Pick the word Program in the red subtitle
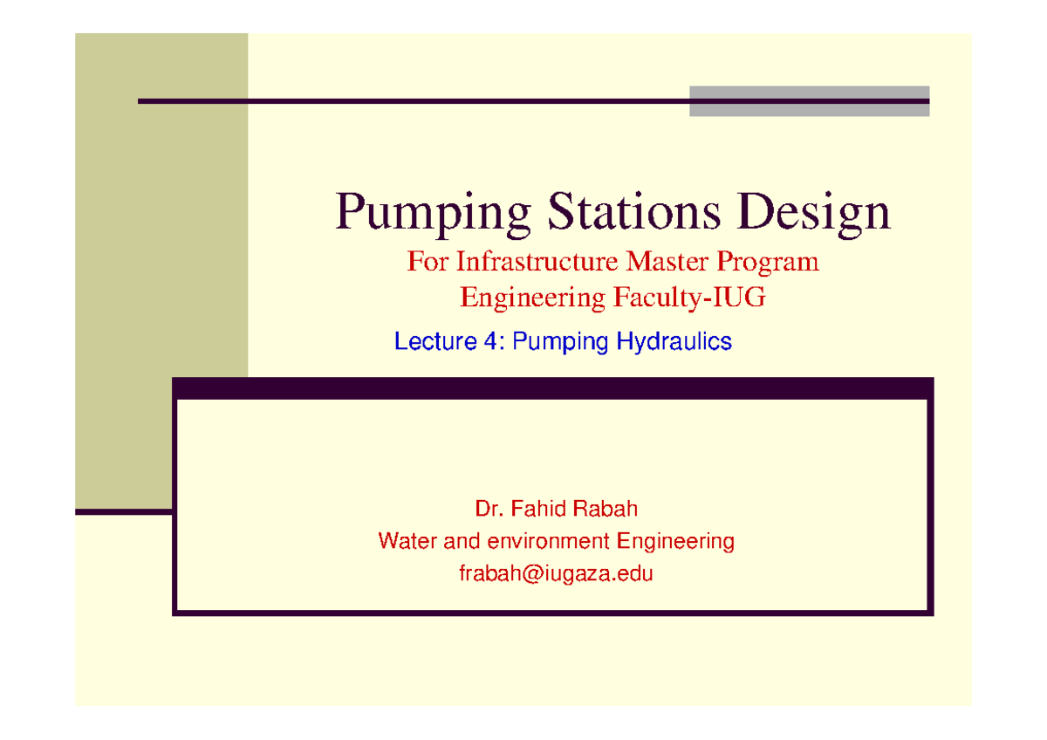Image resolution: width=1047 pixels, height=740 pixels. point(773,263)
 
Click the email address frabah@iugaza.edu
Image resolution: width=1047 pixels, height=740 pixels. point(556,574)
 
